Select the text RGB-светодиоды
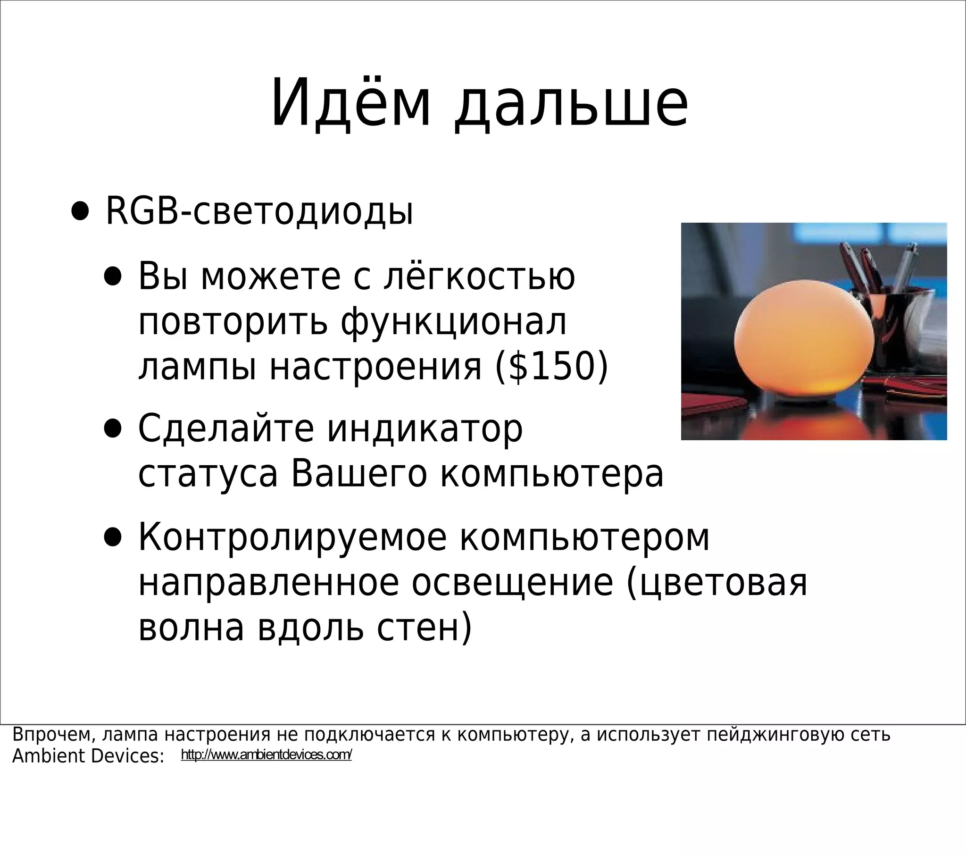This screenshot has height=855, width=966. [x=259, y=211]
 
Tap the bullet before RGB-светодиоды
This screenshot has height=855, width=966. [x=80, y=212]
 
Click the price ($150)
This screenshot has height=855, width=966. [x=551, y=367]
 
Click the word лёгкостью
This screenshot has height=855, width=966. [x=479, y=276]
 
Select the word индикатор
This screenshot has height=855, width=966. [x=425, y=428]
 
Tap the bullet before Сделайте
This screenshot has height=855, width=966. [x=112, y=429]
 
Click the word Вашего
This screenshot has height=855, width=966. [x=359, y=474]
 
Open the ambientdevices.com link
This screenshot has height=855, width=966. [x=266, y=755]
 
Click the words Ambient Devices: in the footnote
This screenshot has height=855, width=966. [x=88, y=756]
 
